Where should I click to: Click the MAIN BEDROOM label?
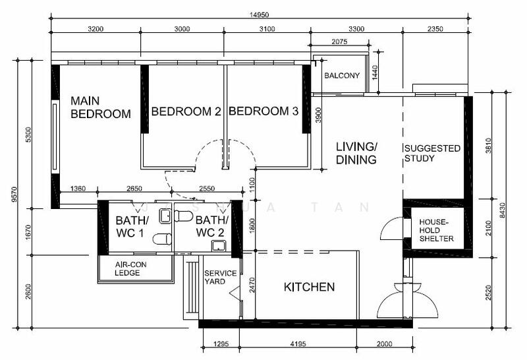pos(101,107)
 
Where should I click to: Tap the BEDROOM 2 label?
pos(186,111)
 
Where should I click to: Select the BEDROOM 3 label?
pos(263,111)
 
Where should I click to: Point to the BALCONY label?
pos(342,75)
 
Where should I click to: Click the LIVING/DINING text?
pos(356,153)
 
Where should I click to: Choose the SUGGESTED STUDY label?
pos(432,153)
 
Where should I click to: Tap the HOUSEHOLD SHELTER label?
pos(436,231)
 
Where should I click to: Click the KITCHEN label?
pos(309,287)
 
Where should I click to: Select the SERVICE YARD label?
pos(220,277)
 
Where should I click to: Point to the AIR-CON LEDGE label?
pos(130,268)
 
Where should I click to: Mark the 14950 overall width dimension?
pos(259,15)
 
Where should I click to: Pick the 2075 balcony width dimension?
pos(339,42)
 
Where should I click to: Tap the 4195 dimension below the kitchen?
pos(298,344)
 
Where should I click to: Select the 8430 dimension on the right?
pos(502,210)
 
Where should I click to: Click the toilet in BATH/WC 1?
pos(162,239)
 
